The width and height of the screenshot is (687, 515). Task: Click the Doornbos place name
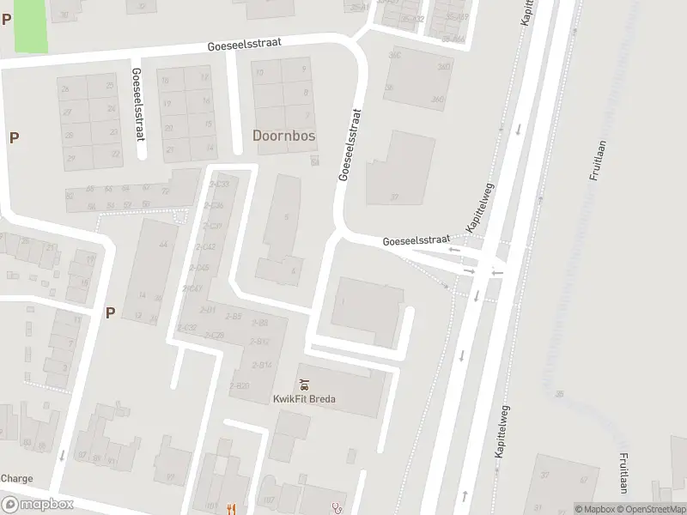283,136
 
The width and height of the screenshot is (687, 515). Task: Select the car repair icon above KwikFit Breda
303,384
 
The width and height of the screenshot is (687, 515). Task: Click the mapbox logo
37,504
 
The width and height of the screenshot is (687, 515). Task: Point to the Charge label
16,479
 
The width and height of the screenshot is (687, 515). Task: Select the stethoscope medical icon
337,508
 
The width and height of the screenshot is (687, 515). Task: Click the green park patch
31,25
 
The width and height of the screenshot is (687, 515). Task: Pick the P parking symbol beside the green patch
7,19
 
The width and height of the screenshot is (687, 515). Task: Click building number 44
162,245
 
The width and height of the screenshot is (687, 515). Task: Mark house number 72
165,191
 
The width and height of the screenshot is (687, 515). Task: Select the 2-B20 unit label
239,386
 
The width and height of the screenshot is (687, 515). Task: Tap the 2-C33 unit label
221,184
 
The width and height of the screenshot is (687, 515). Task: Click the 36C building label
394,56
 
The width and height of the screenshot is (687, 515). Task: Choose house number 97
82,455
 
